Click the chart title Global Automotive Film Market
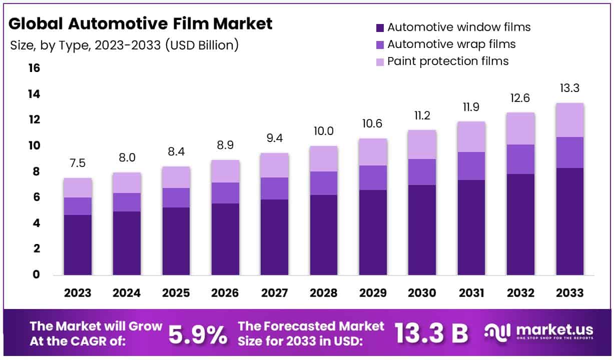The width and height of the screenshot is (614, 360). point(141,23)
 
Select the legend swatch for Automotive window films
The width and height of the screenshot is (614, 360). point(380,27)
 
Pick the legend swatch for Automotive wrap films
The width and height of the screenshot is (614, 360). point(380,44)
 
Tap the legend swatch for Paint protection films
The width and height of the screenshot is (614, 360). point(380,61)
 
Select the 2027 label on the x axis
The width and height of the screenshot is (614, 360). point(274,292)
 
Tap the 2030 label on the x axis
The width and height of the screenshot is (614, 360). point(422,292)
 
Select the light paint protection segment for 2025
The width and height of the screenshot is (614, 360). point(176,177)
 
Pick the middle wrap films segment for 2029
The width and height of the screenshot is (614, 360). point(373,177)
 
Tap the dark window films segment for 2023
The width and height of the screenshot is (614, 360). point(78,244)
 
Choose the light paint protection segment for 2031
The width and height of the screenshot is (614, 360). point(471,136)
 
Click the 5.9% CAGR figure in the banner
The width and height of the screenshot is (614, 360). point(197,334)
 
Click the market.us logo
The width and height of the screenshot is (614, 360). point(539,332)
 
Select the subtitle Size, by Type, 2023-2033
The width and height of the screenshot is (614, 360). point(124,45)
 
